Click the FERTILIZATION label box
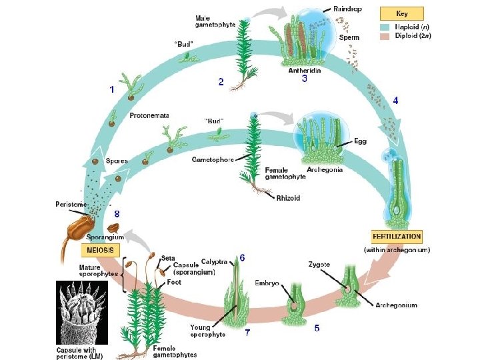pos(396,237)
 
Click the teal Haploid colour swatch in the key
pos(385,27)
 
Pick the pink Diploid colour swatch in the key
pos(385,35)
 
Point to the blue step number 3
pos(305,79)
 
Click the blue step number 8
pos(117,214)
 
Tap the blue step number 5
pos(317,328)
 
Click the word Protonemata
pos(149,115)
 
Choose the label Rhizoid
pos(289,197)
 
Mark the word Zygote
pos(320,265)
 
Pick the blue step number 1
pos(111,89)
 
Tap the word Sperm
pos(349,38)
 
